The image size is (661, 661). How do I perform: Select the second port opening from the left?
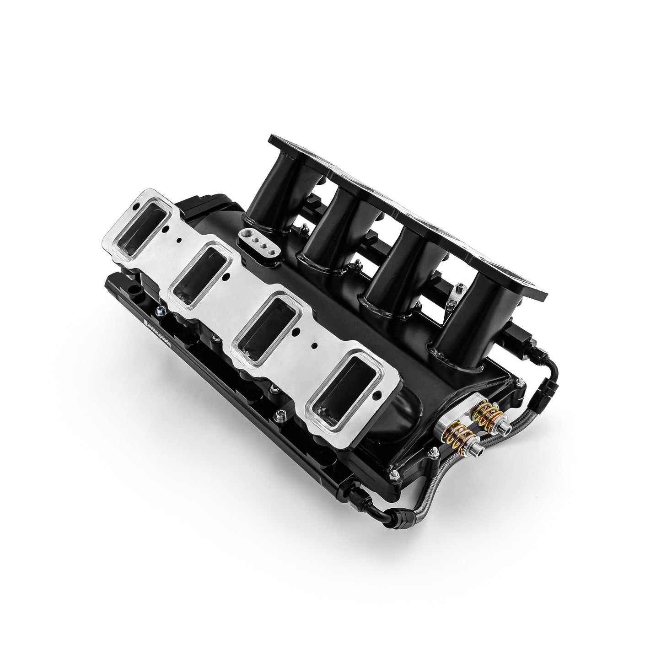(200, 270)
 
